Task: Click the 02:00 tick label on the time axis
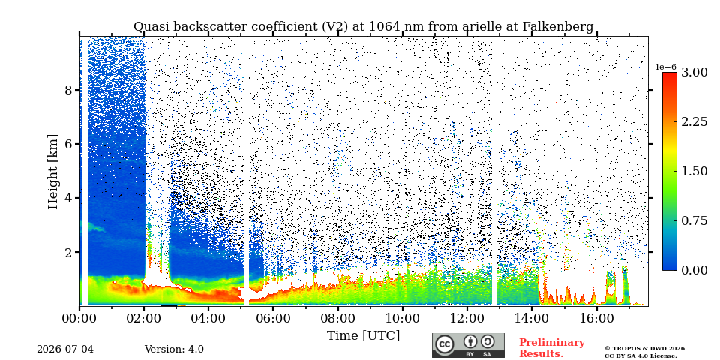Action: [144, 318]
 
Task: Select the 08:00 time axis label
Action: [338, 318]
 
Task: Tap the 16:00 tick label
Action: [596, 318]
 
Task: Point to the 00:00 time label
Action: [80, 318]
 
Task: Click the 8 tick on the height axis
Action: [68, 90]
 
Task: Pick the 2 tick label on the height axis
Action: [68, 253]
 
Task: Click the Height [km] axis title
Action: [53, 172]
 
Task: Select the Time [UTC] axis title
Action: [363, 336]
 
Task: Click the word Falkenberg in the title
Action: [558, 27]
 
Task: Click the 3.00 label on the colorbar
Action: [694, 73]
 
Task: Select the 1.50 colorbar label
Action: [694, 171]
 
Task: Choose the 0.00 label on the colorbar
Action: [694, 270]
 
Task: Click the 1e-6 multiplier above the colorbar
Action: [665, 67]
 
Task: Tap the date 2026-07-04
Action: [65, 349]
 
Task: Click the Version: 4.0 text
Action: [174, 349]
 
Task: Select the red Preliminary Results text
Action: [552, 348]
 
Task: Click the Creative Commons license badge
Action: [468, 345]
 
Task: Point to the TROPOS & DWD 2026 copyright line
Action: [646, 349]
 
